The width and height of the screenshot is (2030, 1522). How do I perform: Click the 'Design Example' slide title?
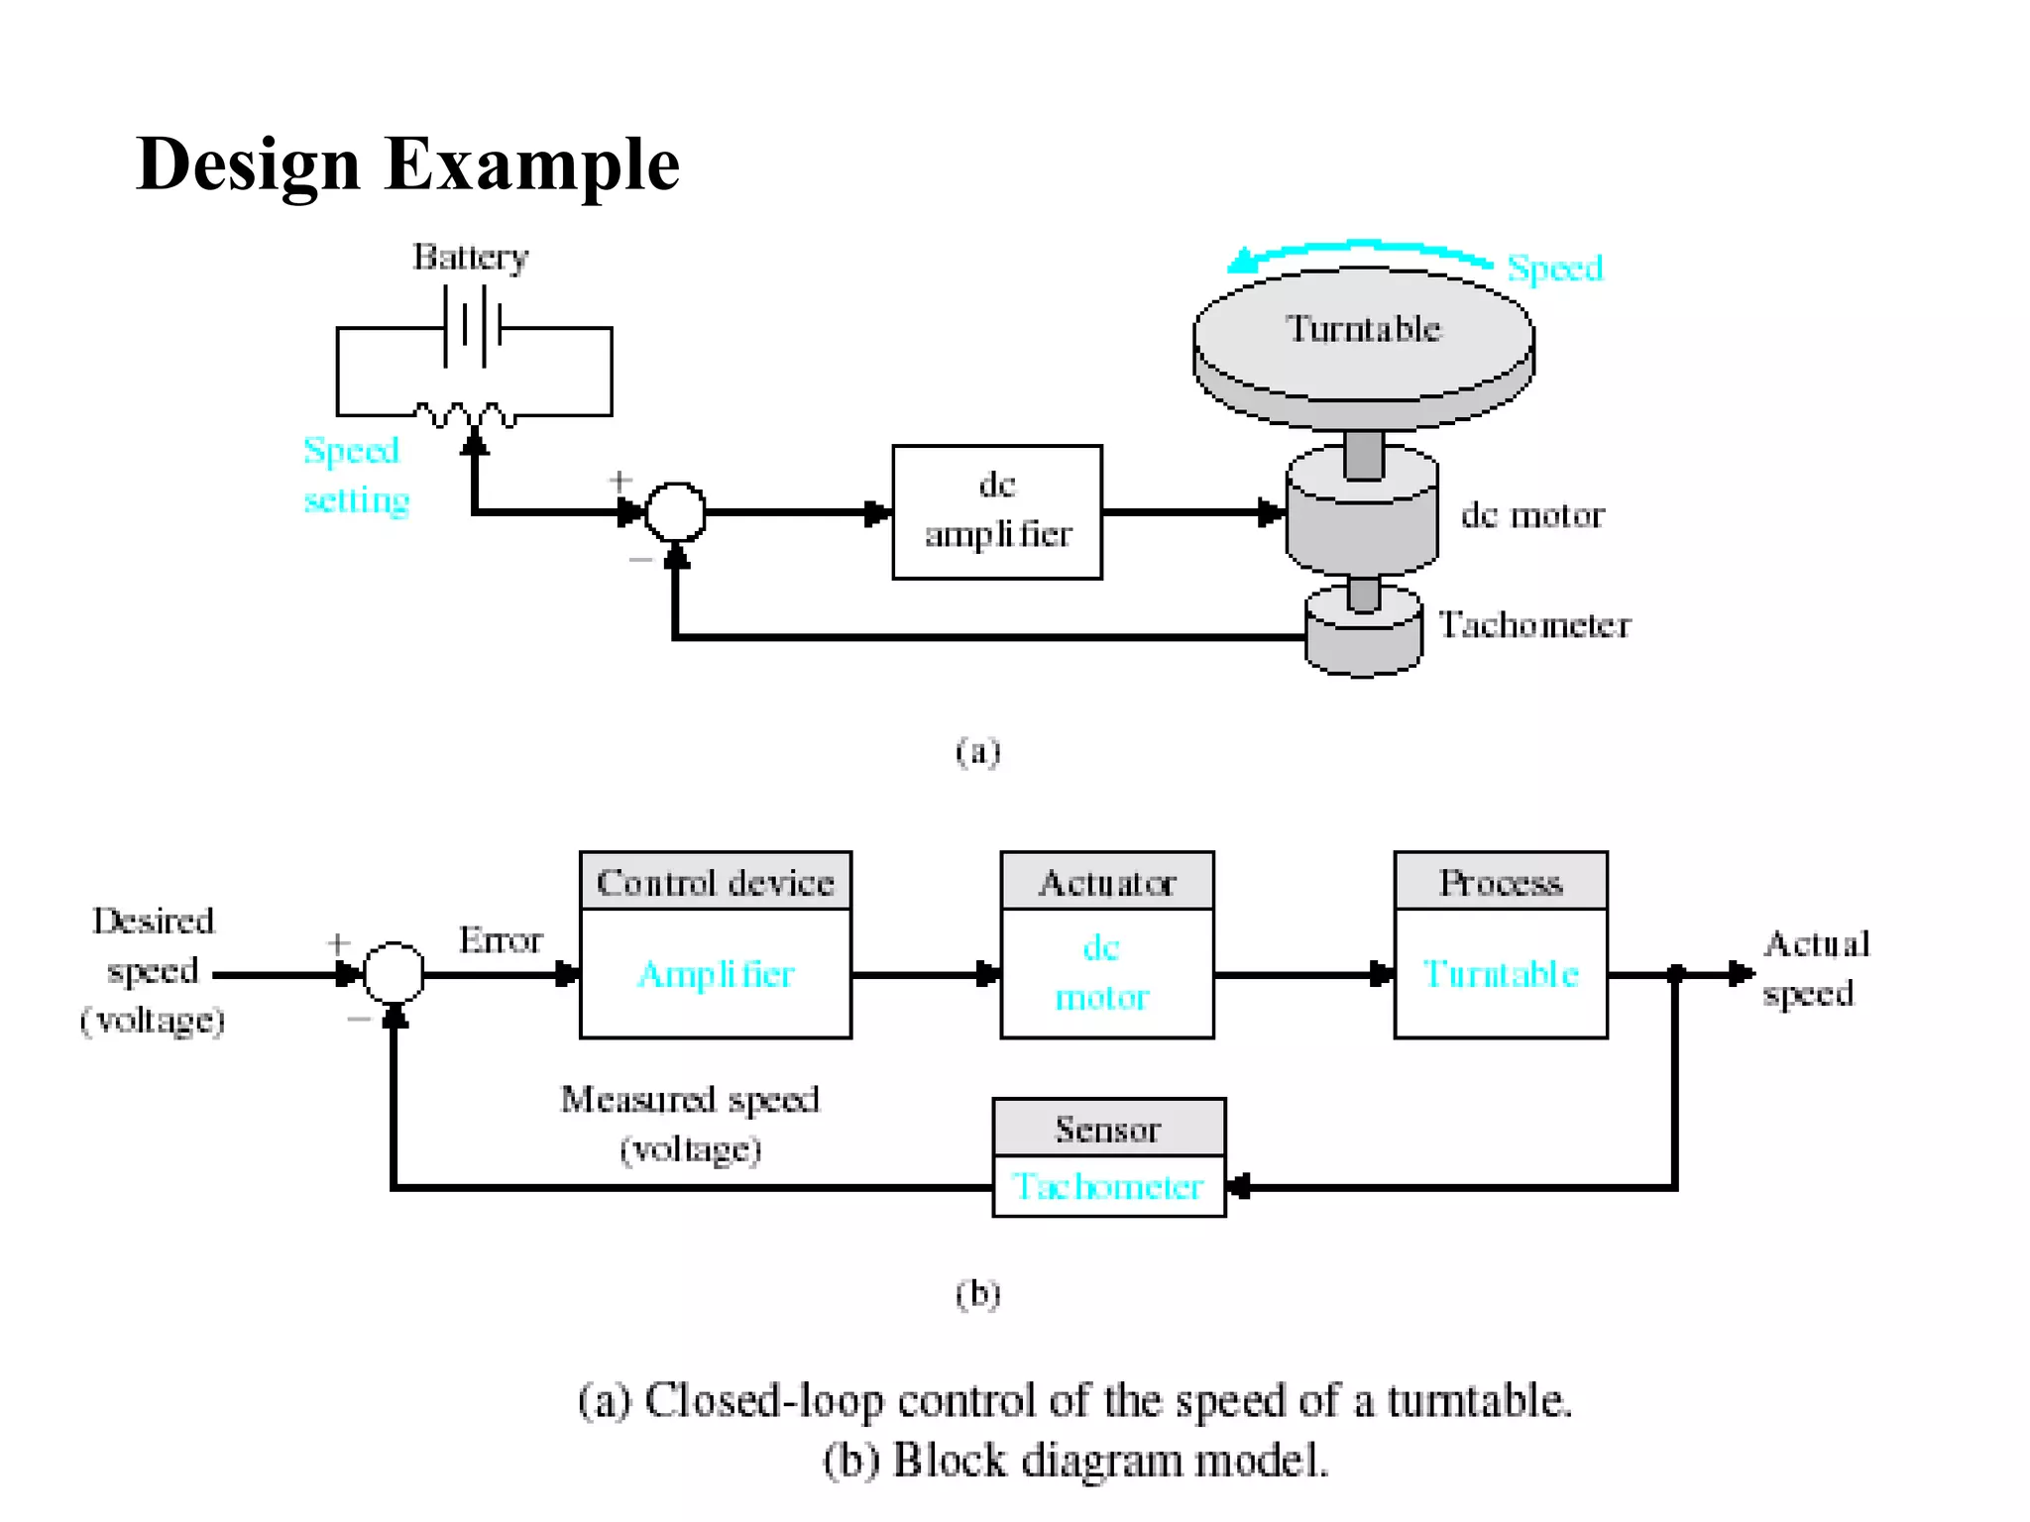click(x=407, y=164)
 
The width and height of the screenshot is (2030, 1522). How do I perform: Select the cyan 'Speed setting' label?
click(x=355, y=476)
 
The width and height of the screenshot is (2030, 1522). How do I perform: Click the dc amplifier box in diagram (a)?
click(x=996, y=511)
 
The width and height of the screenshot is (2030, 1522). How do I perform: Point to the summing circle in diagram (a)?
click(x=675, y=512)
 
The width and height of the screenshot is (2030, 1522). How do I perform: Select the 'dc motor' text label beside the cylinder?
click(x=1531, y=515)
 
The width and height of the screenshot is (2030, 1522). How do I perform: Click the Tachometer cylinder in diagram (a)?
click(x=1364, y=634)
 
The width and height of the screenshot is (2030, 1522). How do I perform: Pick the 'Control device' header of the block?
click(x=715, y=881)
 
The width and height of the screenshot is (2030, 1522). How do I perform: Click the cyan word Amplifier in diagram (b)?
click(x=715, y=974)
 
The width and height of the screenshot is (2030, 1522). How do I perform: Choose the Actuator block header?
click(x=1106, y=881)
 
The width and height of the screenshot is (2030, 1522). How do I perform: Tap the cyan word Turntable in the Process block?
click(x=1500, y=974)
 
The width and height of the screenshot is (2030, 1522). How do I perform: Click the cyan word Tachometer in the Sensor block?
click(x=1107, y=1186)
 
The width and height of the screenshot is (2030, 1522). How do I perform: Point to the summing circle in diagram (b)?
click(x=394, y=973)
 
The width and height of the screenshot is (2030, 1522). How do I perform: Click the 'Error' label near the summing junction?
click(x=501, y=939)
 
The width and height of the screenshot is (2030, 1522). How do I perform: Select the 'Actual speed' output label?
click(x=1814, y=968)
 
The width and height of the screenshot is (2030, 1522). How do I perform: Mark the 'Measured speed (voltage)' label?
click(x=690, y=1124)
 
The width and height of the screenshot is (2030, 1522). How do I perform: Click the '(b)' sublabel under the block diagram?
click(x=977, y=1294)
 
